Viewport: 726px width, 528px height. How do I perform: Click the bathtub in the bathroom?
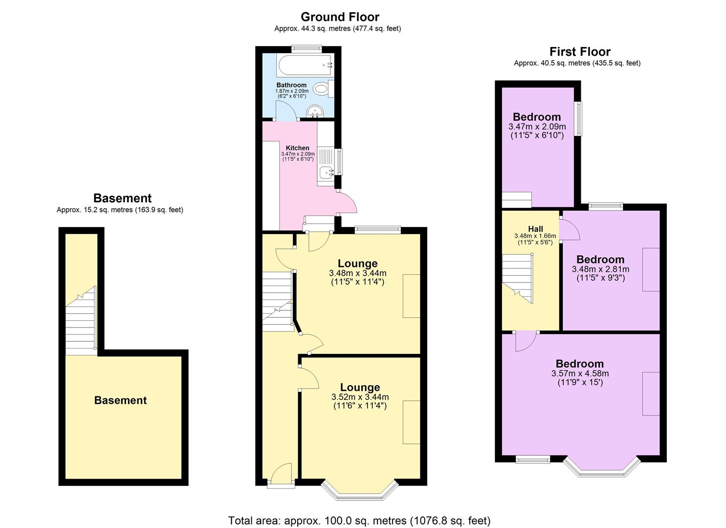coord(305,66)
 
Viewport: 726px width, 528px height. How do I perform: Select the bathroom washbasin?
coord(315,112)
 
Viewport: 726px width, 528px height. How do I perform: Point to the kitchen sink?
coord(325,172)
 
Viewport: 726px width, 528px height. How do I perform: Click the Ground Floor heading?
coord(340,17)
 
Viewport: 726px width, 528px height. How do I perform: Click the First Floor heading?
coord(580,51)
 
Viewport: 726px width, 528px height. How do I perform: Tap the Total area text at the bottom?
coord(359,520)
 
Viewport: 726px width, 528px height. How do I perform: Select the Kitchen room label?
coord(297,148)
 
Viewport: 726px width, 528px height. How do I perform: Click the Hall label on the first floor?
coord(535,229)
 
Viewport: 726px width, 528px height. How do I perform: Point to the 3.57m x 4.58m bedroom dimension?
coord(580,374)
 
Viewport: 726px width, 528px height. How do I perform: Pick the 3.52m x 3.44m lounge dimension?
coord(360,397)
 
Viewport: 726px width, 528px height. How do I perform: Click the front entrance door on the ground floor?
coord(281,477)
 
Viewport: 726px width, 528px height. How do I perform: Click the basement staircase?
coord(81,323)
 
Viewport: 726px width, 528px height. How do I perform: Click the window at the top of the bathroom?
coord(307,48)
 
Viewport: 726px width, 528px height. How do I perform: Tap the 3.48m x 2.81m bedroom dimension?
coord(600,269)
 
